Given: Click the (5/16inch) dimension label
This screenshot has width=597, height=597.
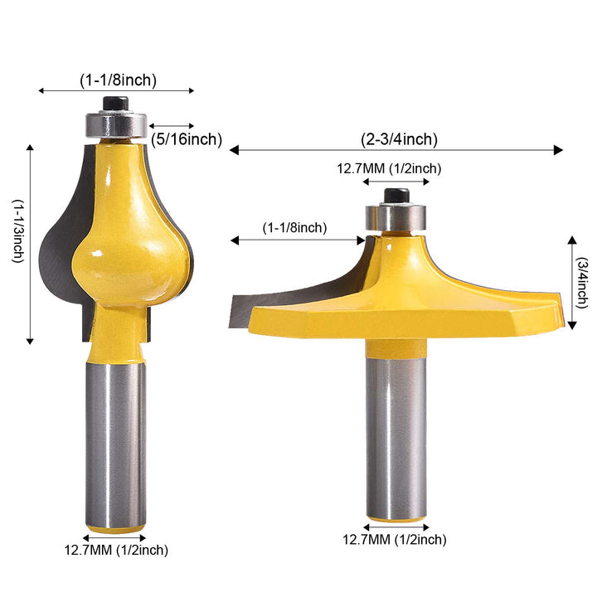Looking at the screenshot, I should tap(187, 139).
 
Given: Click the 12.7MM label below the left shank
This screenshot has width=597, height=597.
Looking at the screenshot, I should tap(116, 549).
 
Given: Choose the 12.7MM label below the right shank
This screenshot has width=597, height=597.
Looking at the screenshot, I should tap(395, 539).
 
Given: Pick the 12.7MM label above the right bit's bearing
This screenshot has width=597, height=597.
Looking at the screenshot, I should tap(388, 168).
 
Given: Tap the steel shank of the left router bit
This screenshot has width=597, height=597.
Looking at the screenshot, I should tap(116, 439).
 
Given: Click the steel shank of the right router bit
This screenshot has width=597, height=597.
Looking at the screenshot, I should tap(396, 431).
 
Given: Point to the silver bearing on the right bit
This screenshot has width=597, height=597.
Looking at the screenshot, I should tap(396, 218).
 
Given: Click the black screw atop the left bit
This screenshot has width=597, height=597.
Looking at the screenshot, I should tap(116, 103).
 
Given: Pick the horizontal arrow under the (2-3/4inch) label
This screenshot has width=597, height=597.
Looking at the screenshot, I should tap(396, 150).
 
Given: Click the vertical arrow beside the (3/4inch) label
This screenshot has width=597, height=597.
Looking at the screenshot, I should tap(571, 283).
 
